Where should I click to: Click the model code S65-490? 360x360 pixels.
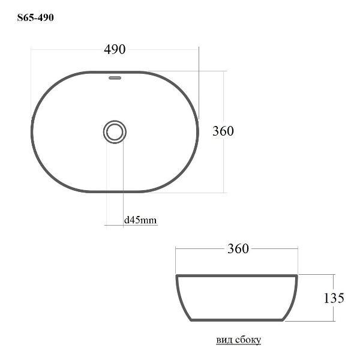35,17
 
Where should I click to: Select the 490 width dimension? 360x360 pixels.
115,49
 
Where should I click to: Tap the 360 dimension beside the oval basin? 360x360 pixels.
223,131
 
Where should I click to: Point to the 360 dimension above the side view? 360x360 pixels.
238,248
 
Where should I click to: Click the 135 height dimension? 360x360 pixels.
334,298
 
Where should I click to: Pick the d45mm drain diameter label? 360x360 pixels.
140,220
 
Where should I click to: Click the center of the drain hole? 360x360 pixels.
115,132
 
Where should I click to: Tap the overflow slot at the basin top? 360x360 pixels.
115,78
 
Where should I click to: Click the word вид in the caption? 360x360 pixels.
223,340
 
